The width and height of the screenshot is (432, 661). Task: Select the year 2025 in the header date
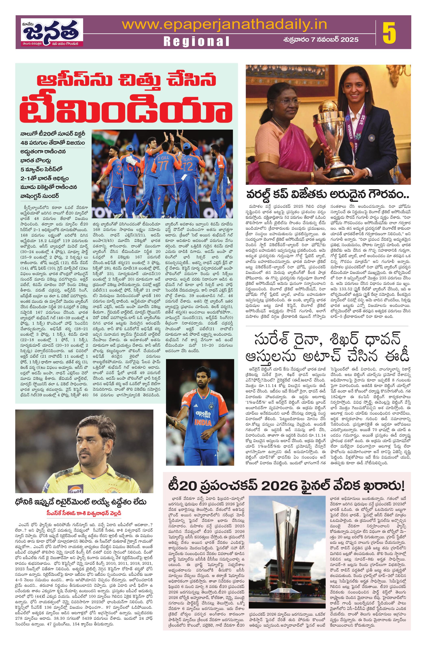348,39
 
